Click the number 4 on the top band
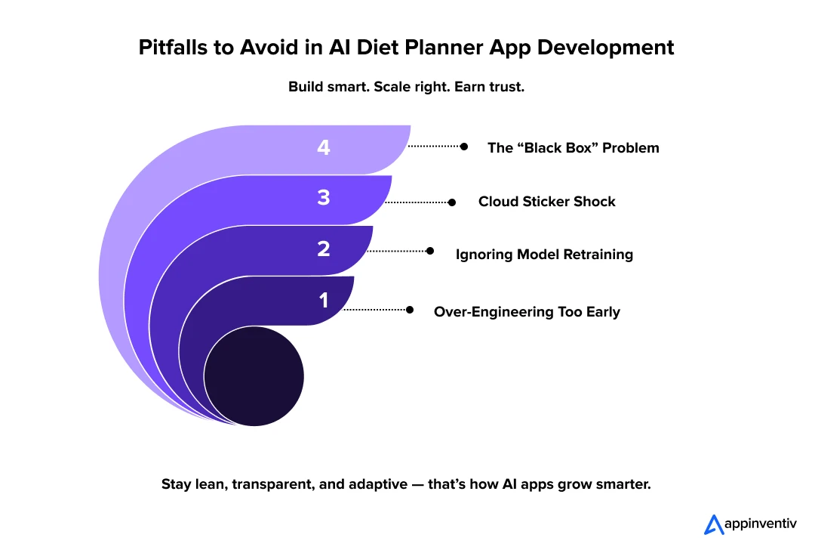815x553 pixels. pyautogui.click(x=324, y=148)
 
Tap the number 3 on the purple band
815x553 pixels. pyautogui.click(x=324, y=199)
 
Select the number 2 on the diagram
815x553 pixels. pyautogui.click(x=324, y=249)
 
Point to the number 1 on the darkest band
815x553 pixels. pyautogui.click(x=324, y=301)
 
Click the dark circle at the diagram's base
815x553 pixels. pyautogui.click(x=254, y=376)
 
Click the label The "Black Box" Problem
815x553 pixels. pyautogui.click(x=573, y=148)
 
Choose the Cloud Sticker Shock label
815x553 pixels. pyautogui.click(x=546, y=202)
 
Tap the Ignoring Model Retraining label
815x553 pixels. pyautogui.click(x=544, y=255)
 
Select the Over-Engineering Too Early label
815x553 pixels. pyautogui.click(x=527, y=312)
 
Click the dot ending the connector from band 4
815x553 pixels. pyautogui.click(x=464, y=147)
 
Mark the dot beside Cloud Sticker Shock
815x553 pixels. pyautogui.click(x=452, y=202)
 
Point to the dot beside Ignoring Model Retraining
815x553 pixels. pyautogui.click(x=430, y=250)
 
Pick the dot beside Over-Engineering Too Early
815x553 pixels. pyautogui.click(x=410, y=310)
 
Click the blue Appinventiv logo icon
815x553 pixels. pyautogui.click(x=713, y=524)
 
